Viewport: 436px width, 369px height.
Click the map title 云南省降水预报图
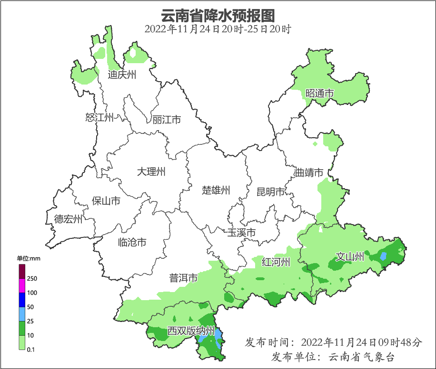(218, 15)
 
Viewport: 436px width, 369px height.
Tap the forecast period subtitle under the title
(218, 29)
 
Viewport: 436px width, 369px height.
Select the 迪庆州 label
(122, 75)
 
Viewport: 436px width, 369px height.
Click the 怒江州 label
(99, 117)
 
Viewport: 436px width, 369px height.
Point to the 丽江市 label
(167, 120)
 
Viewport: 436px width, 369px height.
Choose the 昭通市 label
(319, 93)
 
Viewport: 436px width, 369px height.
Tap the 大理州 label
(151, 171)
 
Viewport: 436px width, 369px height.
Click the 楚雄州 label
(216, 190)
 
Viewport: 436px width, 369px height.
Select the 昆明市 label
(270, 192)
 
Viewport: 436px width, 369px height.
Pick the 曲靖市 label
(309, 172)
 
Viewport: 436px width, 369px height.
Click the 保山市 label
(106, 201)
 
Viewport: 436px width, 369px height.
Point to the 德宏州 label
(68, 219)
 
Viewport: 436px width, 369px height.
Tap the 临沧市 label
(132, 243)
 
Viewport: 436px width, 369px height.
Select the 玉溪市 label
(241, 233)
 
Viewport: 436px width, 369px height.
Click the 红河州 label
(276, 262)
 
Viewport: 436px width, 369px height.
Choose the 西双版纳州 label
(191, 331)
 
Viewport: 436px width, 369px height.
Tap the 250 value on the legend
(32, 278)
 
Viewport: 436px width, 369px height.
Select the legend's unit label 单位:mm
(29, 258)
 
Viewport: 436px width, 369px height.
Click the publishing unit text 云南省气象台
(362, 357)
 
